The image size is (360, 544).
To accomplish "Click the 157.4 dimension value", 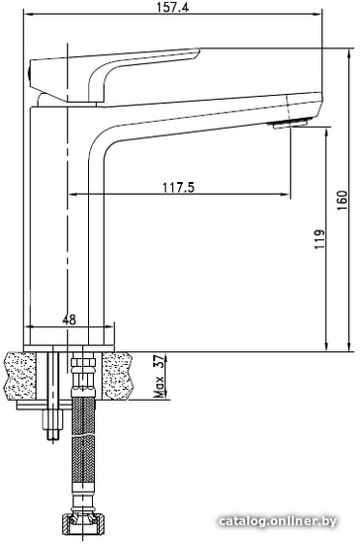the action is click(173, 7).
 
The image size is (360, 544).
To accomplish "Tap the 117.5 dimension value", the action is click(179, 188).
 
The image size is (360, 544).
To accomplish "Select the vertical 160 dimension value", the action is click(342, 200).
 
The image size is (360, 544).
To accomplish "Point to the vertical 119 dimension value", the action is click(319, 239).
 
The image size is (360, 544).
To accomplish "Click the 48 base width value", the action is click(69, 319).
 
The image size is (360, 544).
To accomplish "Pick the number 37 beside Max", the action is click(158, 362).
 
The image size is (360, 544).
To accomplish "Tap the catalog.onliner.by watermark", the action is click(278, 520).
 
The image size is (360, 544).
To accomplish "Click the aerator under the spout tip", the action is click(291, 124).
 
